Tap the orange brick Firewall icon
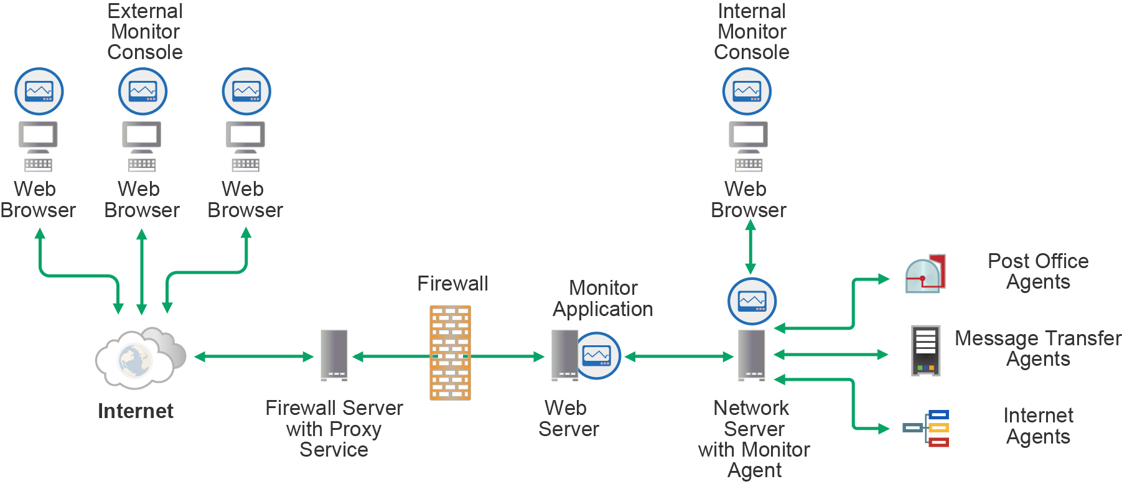coord(450,352)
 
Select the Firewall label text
coord(452,284)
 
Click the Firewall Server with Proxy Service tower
coord(334,355)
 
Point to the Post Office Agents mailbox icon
coord(925,274)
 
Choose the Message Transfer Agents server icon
coord(925,350)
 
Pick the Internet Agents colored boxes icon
coord(927,428)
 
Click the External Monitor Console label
coord(145,32)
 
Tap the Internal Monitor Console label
coord(752,32)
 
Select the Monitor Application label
coord(603,299)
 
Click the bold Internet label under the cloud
coord(136,411)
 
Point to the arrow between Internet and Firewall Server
coord(254,356)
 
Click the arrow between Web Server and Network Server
coord(679,356)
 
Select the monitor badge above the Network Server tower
coord(752,302)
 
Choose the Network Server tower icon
coord(752,355)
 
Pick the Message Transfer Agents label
coord(1038,348)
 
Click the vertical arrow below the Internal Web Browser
coord(750,247)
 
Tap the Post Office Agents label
coord(1038,271)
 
